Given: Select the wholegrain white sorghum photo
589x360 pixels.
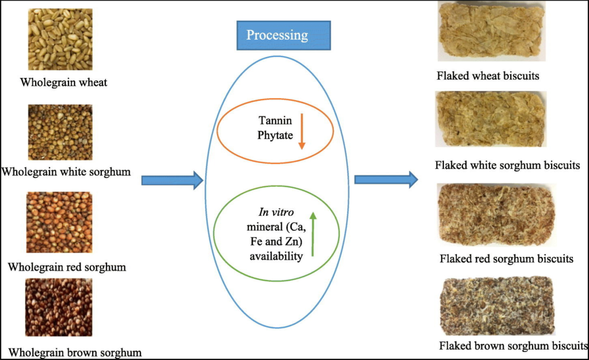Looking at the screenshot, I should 60,132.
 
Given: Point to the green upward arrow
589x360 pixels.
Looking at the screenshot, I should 312,233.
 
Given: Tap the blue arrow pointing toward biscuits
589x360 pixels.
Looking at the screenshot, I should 385,179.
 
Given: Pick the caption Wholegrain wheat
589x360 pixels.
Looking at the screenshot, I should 63,82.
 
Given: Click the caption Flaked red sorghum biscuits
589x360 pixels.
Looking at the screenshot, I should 506,258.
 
